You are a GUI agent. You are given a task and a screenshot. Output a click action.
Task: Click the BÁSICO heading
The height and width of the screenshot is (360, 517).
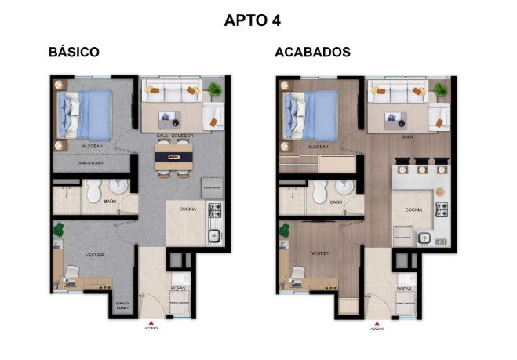(x=73, y=53)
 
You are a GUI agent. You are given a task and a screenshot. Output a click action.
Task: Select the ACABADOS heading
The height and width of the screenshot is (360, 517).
(x=312, y=53)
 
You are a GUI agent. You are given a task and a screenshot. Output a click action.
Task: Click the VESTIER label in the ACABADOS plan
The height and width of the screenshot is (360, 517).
(x=320, y=254)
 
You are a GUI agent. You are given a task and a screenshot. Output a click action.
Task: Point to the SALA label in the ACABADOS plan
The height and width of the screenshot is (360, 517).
(x=407, y=136)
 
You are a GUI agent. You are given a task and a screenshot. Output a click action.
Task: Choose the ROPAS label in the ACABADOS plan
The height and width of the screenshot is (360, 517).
(x=406, y=289)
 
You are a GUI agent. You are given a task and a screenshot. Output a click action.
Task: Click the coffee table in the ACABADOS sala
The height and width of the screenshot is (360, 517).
(x=396, y=118)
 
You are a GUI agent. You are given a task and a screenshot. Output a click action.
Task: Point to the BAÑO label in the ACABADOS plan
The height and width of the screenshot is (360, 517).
(x=336, y=202)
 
